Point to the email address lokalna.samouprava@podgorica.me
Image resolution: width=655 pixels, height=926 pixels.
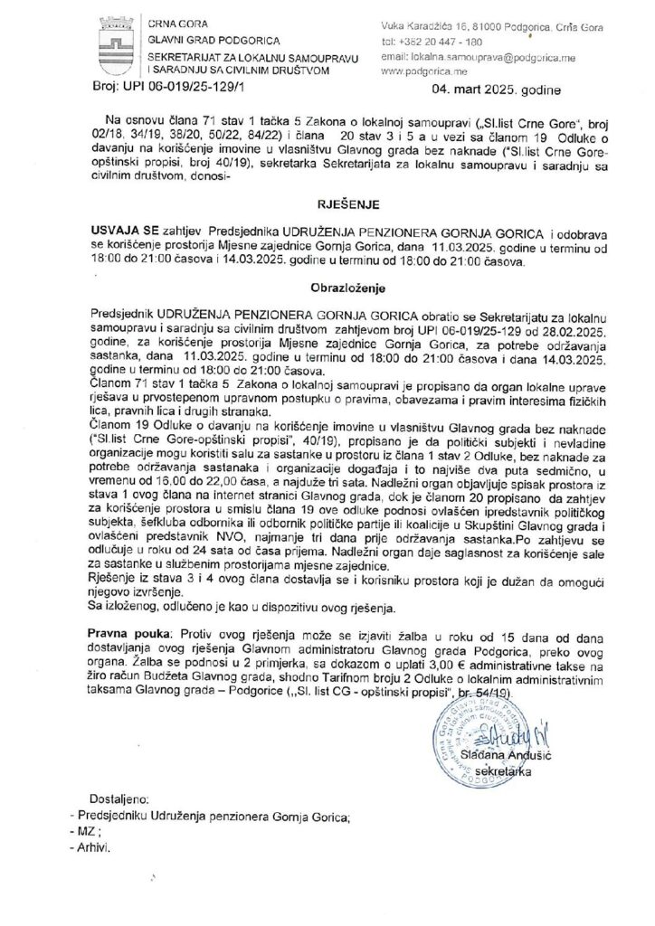468,56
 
